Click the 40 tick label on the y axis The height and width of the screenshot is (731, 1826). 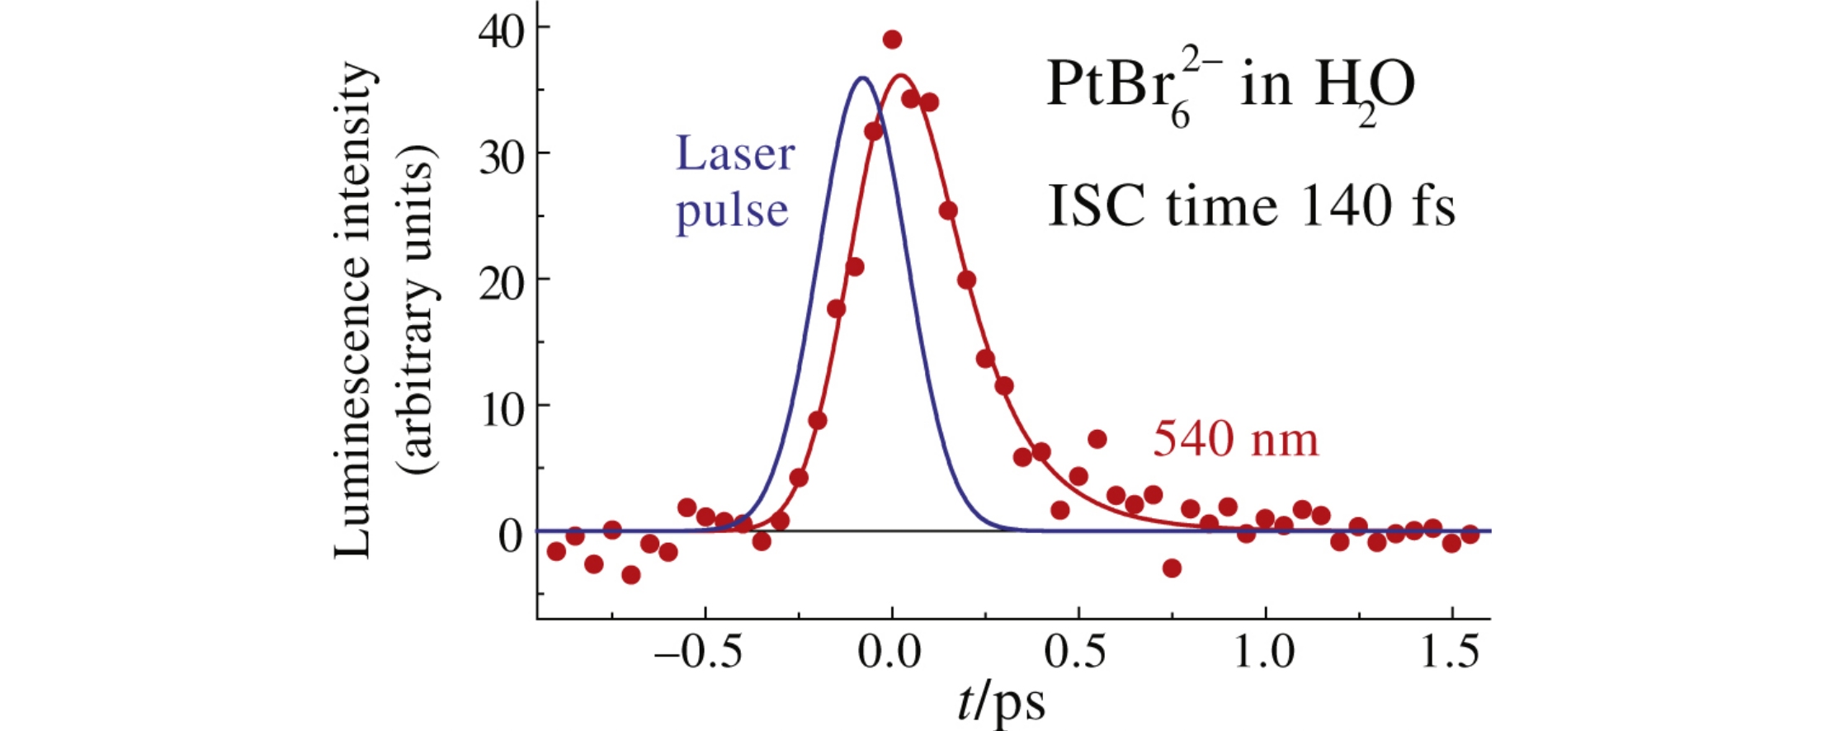(x=501, y=33)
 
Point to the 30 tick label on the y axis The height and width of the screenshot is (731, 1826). (x=501, y=158)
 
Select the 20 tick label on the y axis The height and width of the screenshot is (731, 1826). (x=501, y=285)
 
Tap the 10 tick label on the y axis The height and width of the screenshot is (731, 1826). (x=501, y=410)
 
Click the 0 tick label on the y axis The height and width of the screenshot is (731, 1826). (x=511, y=536)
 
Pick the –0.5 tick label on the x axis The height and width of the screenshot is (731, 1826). (x=697, y=653)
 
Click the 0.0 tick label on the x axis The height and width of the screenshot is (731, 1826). (x=889, y=653)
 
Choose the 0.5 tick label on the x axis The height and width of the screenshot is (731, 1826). (x=1075, y=653)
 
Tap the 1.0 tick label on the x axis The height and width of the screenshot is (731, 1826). (x=1263, y=653)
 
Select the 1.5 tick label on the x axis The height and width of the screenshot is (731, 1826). (x=1450, y=653)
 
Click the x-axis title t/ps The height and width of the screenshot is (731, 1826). (x=1001, y=703)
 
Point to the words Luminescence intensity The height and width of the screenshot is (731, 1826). (x=353, y=309)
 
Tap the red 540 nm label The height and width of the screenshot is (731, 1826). (x=1235, y=439)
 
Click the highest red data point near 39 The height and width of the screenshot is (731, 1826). (x=892, y=40)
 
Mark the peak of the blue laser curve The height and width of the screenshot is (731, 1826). (x=862, y=78)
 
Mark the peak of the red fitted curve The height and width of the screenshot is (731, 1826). (x=900, y=76)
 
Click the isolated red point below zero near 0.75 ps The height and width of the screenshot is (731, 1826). (x=1172, y=568)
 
